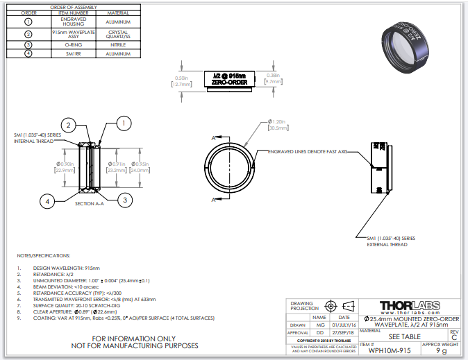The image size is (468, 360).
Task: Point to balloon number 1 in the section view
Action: tap(123, 123)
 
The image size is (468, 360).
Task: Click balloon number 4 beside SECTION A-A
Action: tap(47, 201)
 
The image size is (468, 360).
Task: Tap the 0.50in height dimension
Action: tap(181, 81)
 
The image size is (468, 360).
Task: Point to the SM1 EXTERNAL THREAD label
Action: tap(392, 241)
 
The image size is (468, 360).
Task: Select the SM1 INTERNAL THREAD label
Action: tap(34, 138)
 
